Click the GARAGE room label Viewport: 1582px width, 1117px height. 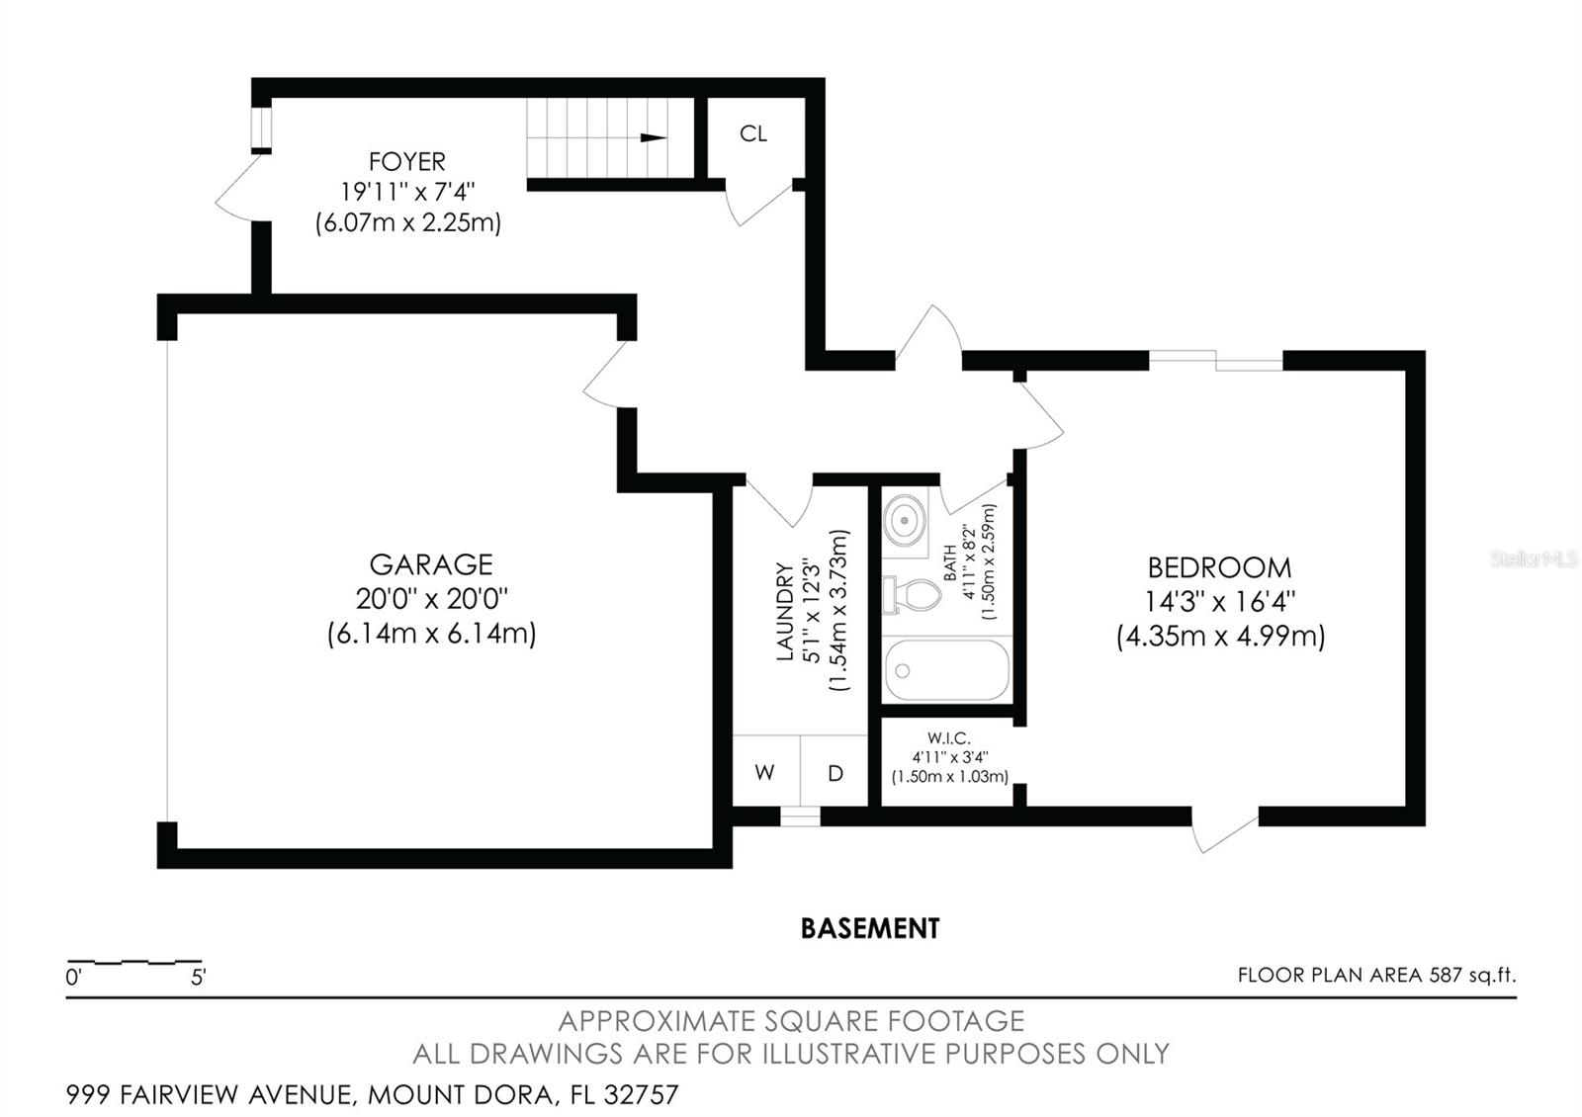[431, 564]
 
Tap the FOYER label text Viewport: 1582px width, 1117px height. [406, 161]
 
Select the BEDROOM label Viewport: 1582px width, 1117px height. [1219, 567]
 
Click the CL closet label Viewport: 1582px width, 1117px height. [753, 133]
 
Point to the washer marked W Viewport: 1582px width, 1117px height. [764, 773]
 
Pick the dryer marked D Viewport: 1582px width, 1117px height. [835, 773]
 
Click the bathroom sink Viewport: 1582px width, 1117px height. [904, 519]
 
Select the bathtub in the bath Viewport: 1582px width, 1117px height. [946, 669]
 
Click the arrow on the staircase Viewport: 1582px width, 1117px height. [653, 137]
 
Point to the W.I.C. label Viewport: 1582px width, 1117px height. [948, 738]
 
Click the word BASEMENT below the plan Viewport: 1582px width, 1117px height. [869, 928]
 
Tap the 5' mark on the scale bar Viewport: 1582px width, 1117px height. [199, 978]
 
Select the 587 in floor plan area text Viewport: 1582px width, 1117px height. [1445, 975]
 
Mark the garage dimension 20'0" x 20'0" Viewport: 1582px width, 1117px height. [431, 599]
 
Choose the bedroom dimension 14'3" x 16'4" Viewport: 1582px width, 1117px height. [1219, 601]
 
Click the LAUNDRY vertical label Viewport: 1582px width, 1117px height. [785, 611]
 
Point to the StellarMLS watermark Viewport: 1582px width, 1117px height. [1534, 559]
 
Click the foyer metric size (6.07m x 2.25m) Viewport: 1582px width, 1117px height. [407, 223]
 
